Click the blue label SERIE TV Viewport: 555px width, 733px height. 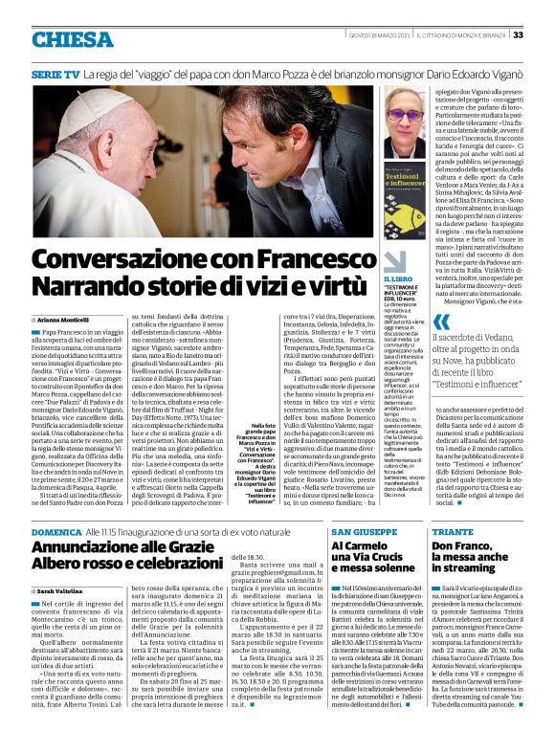(x=55, y=73)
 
